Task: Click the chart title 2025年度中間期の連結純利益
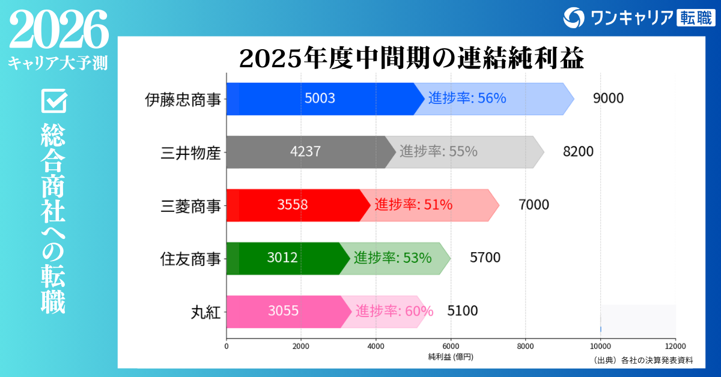tap(412, 59)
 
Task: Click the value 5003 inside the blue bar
tap(320, 99)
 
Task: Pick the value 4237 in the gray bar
tap(305, 152)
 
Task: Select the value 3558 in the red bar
tap(293, 205)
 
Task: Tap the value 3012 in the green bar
tap(282, 258)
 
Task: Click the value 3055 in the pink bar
tap(283, 311)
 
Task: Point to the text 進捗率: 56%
tap(467, 99)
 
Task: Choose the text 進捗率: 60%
tap(394, 311)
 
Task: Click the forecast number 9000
tap(608, 99)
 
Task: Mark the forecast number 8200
tap(578, 152)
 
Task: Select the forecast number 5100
tap(463, 311)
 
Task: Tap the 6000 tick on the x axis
tap(451, 346)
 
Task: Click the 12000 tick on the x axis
tap(675, 346)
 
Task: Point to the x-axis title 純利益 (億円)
tap(451, 357)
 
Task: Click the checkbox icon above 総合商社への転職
tap(53, 101)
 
